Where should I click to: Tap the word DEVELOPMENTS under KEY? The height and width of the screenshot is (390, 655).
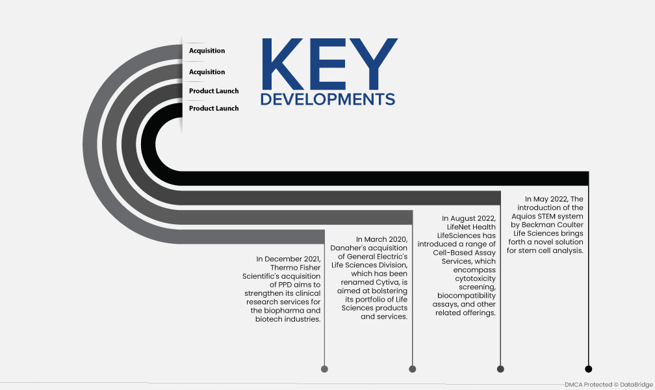point(327,99)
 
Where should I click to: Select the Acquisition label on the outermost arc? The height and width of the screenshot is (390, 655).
point(207,51)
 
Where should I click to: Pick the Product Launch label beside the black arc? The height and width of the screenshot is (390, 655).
point(214,109)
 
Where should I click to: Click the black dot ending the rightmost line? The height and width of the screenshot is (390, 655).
point(588,369)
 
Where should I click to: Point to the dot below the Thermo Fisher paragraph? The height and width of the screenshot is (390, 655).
point(324,369)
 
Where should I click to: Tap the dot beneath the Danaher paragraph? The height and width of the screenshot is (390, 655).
point(412,369)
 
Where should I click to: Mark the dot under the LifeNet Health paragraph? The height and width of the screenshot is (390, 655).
point(500,369)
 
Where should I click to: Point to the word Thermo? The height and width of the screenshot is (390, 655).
point(283,268)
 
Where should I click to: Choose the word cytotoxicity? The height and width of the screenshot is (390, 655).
point(476,278)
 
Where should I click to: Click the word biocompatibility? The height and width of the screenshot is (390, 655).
point(467,296)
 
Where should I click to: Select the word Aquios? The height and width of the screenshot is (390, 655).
point(524,216)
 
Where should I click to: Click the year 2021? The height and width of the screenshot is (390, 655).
point(312,259)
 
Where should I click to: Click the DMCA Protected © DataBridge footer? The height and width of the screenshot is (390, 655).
point(609,385)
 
